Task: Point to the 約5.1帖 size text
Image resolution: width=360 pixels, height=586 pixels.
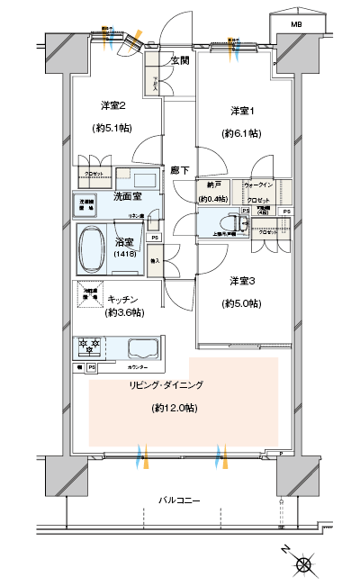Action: point(112,127)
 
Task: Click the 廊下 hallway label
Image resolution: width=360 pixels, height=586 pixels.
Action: point(180,169)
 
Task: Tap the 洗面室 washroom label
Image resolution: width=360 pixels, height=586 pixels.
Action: point(127,195)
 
